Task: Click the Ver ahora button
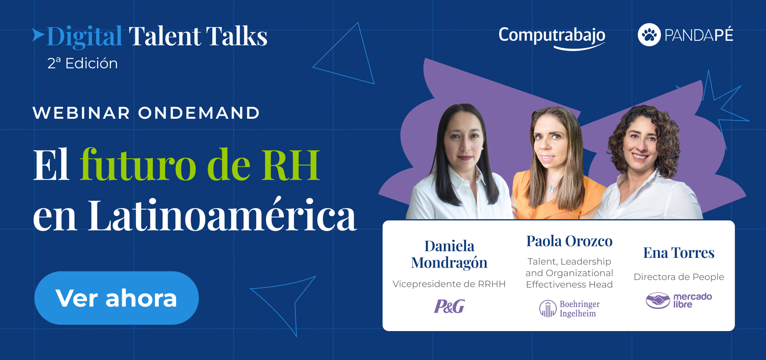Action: pyautogui.click(x=117, y=298)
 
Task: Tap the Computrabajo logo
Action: pyautogui.click(x=552, y=37)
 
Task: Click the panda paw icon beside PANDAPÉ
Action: pyautogui.click(x=649, y=34)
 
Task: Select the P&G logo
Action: pyautogui.click(x=449, y=306)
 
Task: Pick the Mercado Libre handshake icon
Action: pyautogui.click(x=658, y=300)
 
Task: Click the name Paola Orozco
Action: pyautogui.click(x=569, y=241)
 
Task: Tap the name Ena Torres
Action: pyautogui.click(x=679, y=253)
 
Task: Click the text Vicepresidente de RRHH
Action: pyautogui.click(x=449, y=284)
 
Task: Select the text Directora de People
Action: pyautogui.click(x=679, y=277)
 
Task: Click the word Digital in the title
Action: pyautogui.click(x=84, y=37)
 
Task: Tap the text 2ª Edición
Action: pyautogui.click(x=83, y=63)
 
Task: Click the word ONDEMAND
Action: pyautogui.click(x=199, y=113)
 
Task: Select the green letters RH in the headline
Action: pyautogui.click(x=291, y=165)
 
